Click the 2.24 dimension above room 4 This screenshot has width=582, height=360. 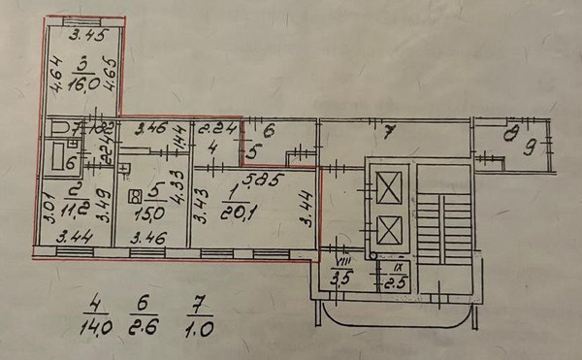click(214, 127)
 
